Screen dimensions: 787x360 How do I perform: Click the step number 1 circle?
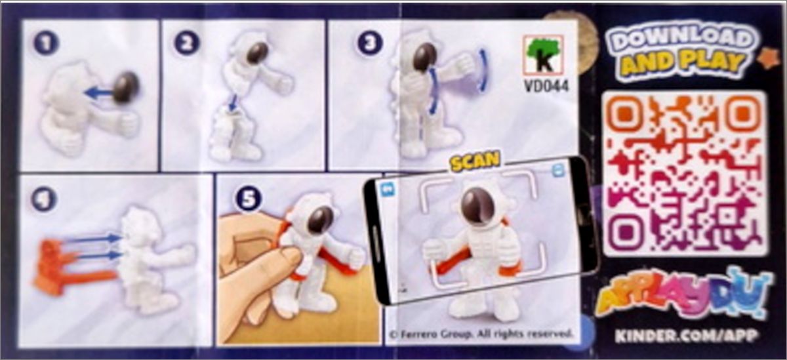(x=46, y=43)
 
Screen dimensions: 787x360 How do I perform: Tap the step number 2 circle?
(x=186, y=43)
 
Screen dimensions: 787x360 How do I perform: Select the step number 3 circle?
(x=370, y=43)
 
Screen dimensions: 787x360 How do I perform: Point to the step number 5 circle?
(x=249, y=199)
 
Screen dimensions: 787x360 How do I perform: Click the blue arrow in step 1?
(x=100, y=93)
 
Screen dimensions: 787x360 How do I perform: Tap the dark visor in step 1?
(x=126, y=87)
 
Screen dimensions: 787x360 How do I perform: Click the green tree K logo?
(x=543, y=55)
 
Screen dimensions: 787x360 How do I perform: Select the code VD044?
(x=546, y=86)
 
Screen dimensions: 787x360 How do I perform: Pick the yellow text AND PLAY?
(x=683, y=64)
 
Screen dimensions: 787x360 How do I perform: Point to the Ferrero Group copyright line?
(x=481, y=333)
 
